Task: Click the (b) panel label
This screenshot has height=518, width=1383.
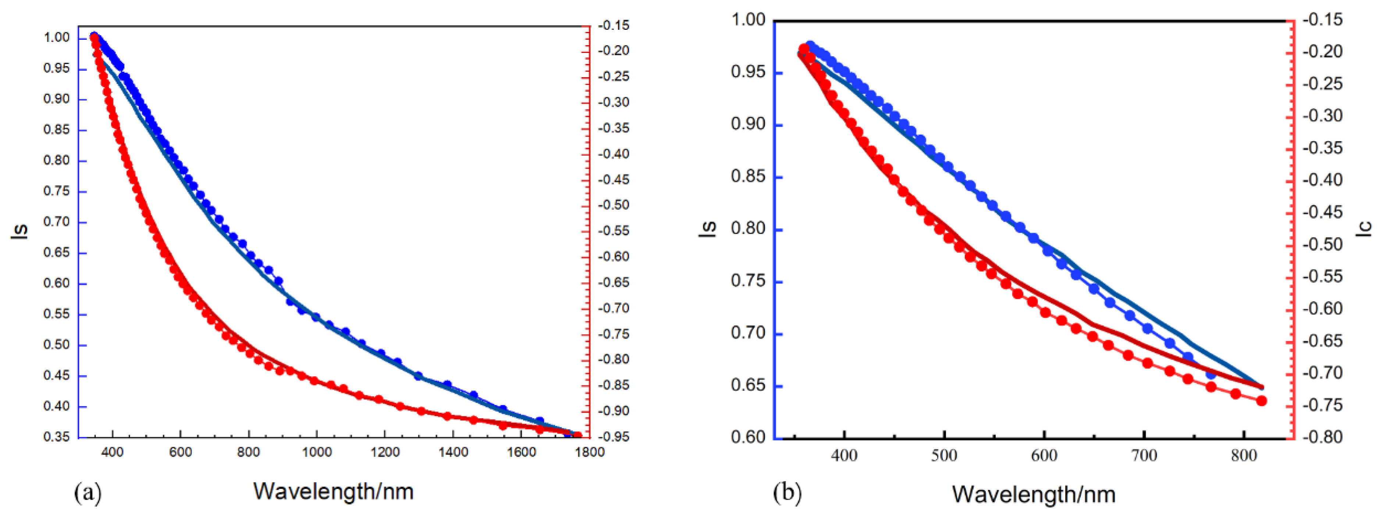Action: (x=787, y=492)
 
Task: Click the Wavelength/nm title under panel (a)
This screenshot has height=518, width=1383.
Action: (x=333, y=491)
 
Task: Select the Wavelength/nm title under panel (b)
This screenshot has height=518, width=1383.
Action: (x=1034, y=494)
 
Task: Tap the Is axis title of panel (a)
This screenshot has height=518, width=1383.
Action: (x=20, y=231)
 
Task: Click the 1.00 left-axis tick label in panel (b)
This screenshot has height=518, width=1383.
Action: (x=748, y=20)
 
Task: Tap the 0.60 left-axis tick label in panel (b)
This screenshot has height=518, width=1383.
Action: (x=748, y=437)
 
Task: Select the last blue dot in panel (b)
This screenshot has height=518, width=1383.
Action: (x=1210, y=374)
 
